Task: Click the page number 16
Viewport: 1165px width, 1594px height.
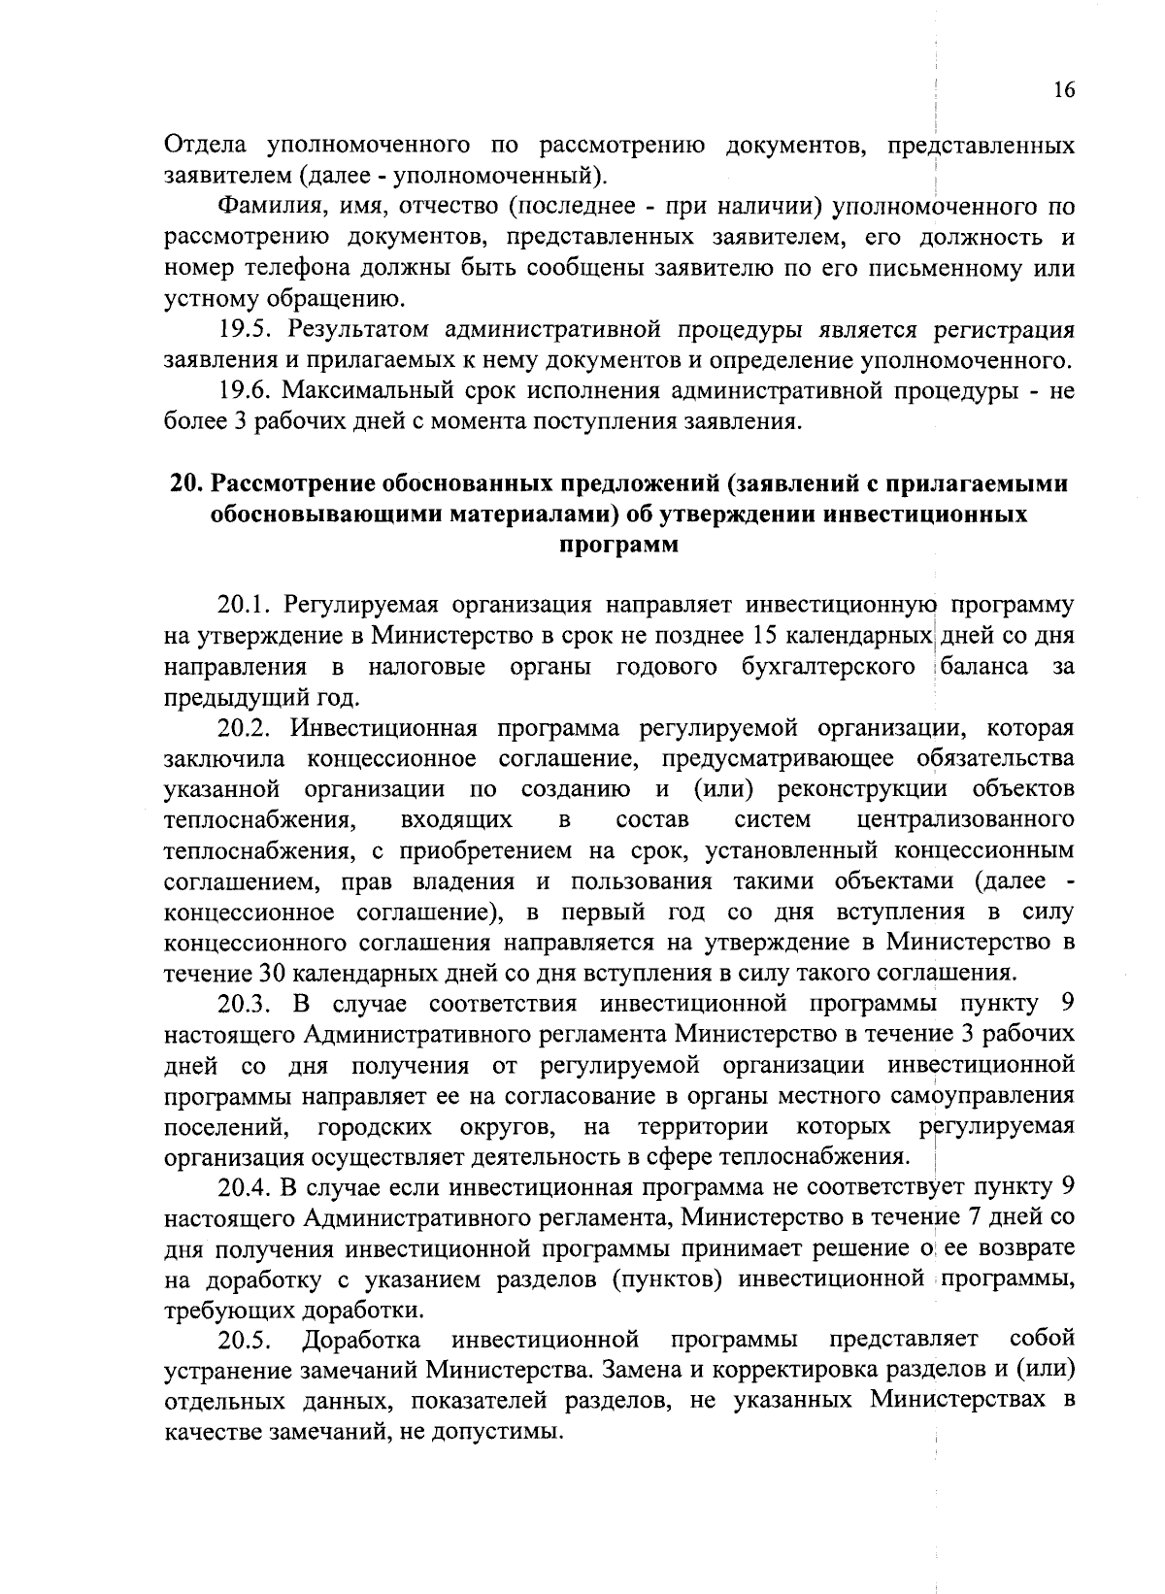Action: click(1064, 90)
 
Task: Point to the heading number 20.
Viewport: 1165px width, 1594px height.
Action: click(183, 483)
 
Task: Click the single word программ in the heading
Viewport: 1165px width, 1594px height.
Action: click(618, 545)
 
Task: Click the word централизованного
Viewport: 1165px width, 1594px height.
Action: click(966, 820)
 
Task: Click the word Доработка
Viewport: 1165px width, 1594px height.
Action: click(362, 1341)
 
